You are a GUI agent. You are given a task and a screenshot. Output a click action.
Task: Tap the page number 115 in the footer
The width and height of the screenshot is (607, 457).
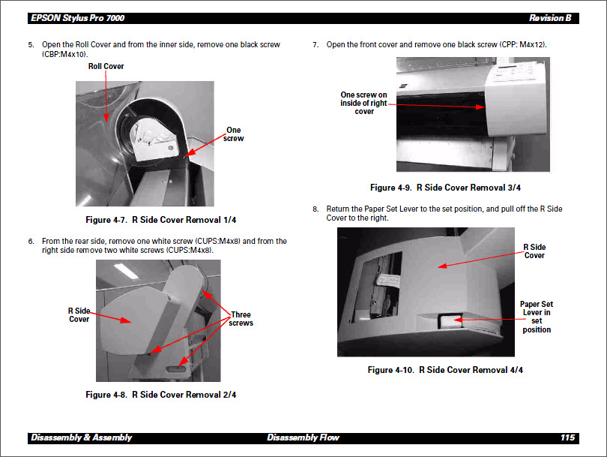[x=567, y=437]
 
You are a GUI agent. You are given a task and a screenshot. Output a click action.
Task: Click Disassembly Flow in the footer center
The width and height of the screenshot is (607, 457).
[x=303, y=437]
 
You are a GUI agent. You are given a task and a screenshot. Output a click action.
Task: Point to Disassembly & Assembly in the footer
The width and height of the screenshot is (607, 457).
[x=82, y=437]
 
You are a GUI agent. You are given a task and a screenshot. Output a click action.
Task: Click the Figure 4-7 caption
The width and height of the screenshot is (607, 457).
[x=161, y=220]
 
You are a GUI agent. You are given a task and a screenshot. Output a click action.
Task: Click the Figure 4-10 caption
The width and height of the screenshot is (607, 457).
[x=445, y=370]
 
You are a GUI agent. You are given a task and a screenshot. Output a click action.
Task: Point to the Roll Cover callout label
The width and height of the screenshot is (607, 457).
[x=106, y=67]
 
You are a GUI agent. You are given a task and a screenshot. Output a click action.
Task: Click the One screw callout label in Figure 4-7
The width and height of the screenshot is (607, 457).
[x=234, y=134]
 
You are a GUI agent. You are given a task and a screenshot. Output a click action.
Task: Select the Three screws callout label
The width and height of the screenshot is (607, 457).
[x=241, y=319]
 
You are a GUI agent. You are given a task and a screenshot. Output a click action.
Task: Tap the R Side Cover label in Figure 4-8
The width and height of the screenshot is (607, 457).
[x=79, y=315]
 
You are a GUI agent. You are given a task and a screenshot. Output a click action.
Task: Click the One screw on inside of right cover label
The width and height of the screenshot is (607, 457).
[x=364, y=104]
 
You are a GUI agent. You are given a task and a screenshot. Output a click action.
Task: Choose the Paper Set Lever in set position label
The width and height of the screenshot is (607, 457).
[x=537, y=317]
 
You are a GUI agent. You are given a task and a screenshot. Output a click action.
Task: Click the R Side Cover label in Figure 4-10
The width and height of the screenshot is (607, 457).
[x=534, y=251]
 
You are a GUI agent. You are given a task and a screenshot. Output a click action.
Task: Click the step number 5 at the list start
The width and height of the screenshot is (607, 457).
[x=31, y=45]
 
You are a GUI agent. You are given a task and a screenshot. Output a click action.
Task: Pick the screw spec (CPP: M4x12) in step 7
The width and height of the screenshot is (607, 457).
[x=522, y=45]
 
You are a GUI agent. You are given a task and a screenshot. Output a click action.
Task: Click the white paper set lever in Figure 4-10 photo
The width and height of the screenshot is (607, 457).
[x=448, y=321]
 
